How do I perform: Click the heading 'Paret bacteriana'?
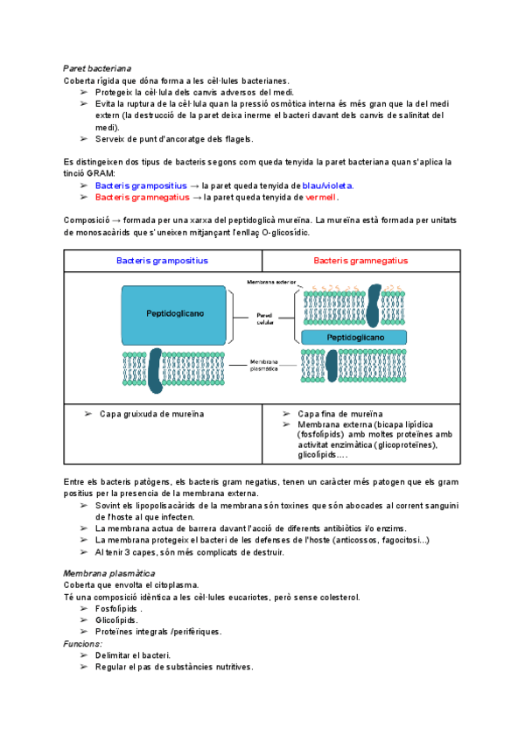[x=97, y=67]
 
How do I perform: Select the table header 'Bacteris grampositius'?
[x=162, y=261]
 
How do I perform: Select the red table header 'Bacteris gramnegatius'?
[x=360, y=261]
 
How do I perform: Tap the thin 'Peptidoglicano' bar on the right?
[x=354, y=337]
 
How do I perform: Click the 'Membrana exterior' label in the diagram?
[x=271, y=283]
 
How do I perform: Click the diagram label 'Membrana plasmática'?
[x=263, y=366]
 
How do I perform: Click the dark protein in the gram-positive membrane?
[x=156, y=368]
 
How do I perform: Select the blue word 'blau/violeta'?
[x=326, y=185]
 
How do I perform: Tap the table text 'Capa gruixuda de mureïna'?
[x=152, y=414]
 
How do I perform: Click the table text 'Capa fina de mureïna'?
[x=340, y=414]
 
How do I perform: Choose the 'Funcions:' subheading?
[x=82, y=644]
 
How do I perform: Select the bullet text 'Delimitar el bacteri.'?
[x=133, y=655]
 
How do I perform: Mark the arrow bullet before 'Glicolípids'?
[x=84, y=620]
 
